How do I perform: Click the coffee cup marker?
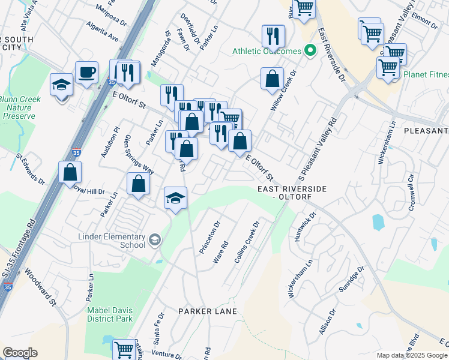click(86, 73)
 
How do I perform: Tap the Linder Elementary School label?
click(112, 240)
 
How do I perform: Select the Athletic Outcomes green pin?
click(310, 51)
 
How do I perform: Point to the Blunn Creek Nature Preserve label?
click(20, 107)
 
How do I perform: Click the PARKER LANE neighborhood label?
click(208, 311)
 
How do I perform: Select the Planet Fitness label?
click(426, 75)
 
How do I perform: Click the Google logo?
click(20, 353)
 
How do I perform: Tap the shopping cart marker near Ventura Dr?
click(124, 348)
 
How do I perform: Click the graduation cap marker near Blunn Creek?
click(61, 85)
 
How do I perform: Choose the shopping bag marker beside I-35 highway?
click(70, 172)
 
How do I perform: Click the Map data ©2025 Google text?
click(412, 355)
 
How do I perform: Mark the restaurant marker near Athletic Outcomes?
click(273, 36)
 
